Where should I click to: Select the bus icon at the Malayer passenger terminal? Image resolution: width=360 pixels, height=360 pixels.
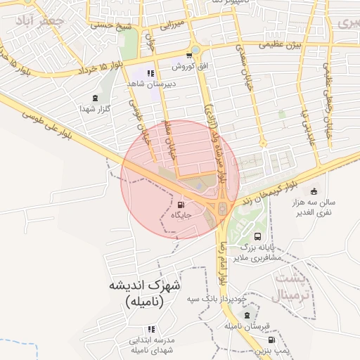tap(258, 237)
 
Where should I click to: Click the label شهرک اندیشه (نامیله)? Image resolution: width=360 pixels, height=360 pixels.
tap(144, 294)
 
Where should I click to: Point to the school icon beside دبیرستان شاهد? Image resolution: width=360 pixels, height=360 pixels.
tap(150, 72)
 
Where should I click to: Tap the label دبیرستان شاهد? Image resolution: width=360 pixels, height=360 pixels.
tap(150, 84)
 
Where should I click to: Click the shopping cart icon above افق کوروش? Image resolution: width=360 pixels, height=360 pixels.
tap(188, 56)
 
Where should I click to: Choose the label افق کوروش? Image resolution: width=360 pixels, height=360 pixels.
tap(188, 66)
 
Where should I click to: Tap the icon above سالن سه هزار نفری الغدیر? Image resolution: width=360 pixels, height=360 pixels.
tap(313, 191)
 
